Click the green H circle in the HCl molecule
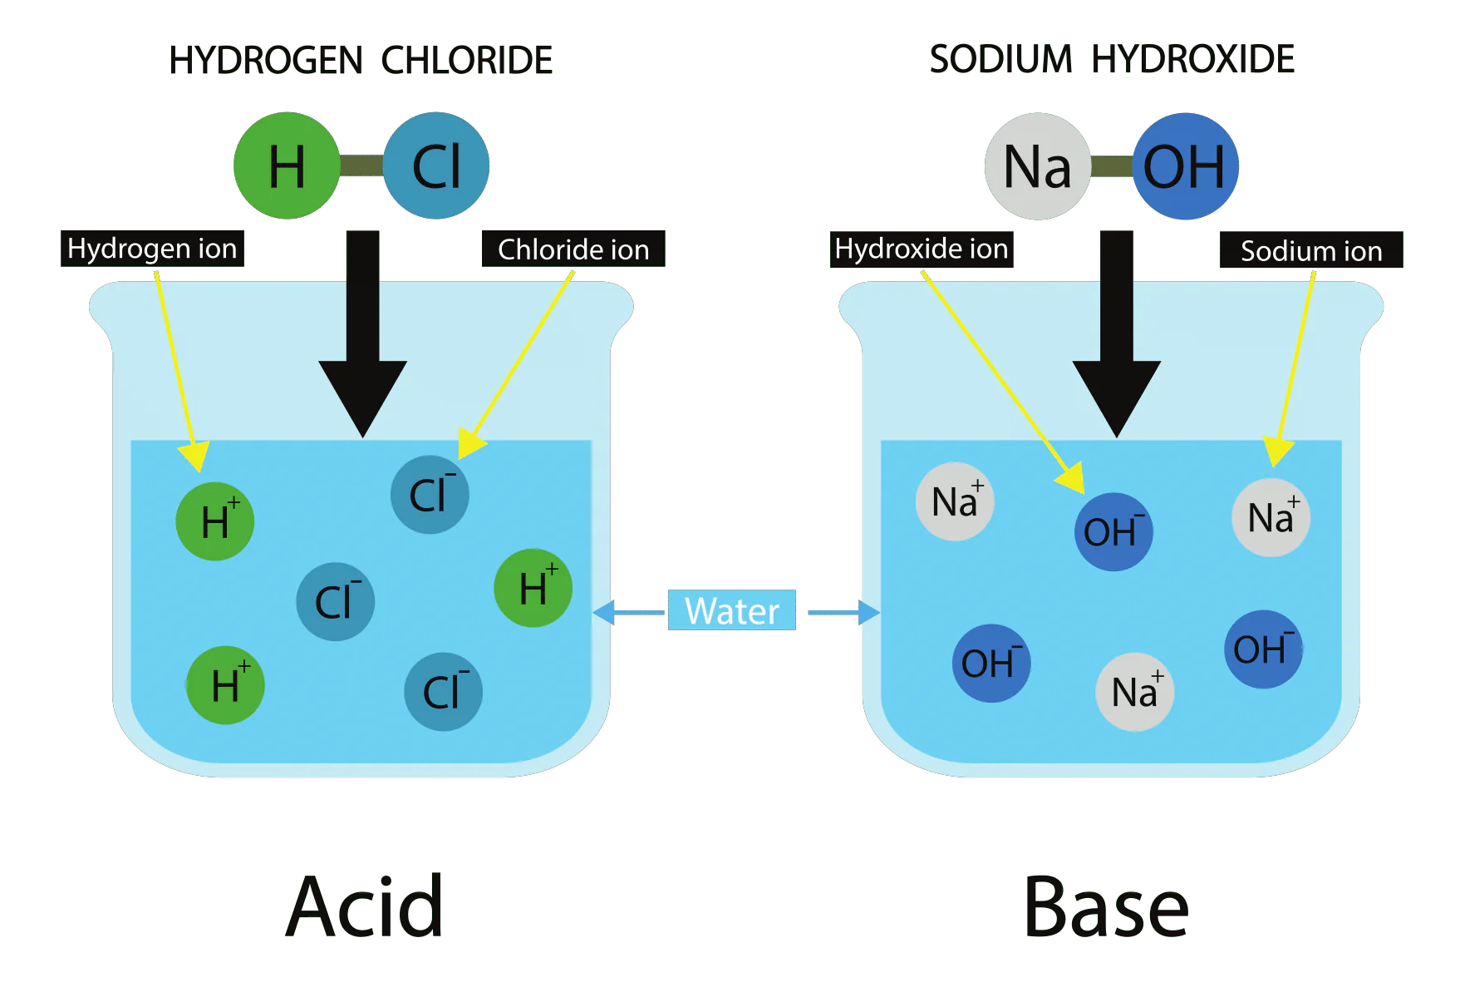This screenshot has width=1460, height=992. click(287, 166)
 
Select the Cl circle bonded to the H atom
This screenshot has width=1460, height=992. click(436, 166)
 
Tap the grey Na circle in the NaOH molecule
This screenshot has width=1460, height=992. click(1037, 166)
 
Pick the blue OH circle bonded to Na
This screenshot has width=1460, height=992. click(1185, 166)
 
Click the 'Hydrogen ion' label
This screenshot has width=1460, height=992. click(152, 249)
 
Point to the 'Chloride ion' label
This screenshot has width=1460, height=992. click(573, 249)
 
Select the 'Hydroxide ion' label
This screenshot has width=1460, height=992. click(921, 249)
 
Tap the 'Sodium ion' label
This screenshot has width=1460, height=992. click(1311, 250)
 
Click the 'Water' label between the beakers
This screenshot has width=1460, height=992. click(731, 611)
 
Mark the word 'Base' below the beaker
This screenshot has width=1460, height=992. click(1107, 906)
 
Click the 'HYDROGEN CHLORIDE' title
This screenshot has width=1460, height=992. click(361, 60)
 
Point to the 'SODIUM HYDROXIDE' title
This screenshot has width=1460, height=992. click(1112, 57)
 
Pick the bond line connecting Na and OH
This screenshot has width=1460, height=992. click(1112, 166)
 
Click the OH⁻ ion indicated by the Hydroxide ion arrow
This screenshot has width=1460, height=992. click(1113, 532)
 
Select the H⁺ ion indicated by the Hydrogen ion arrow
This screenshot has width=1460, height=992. click(215, 521)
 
